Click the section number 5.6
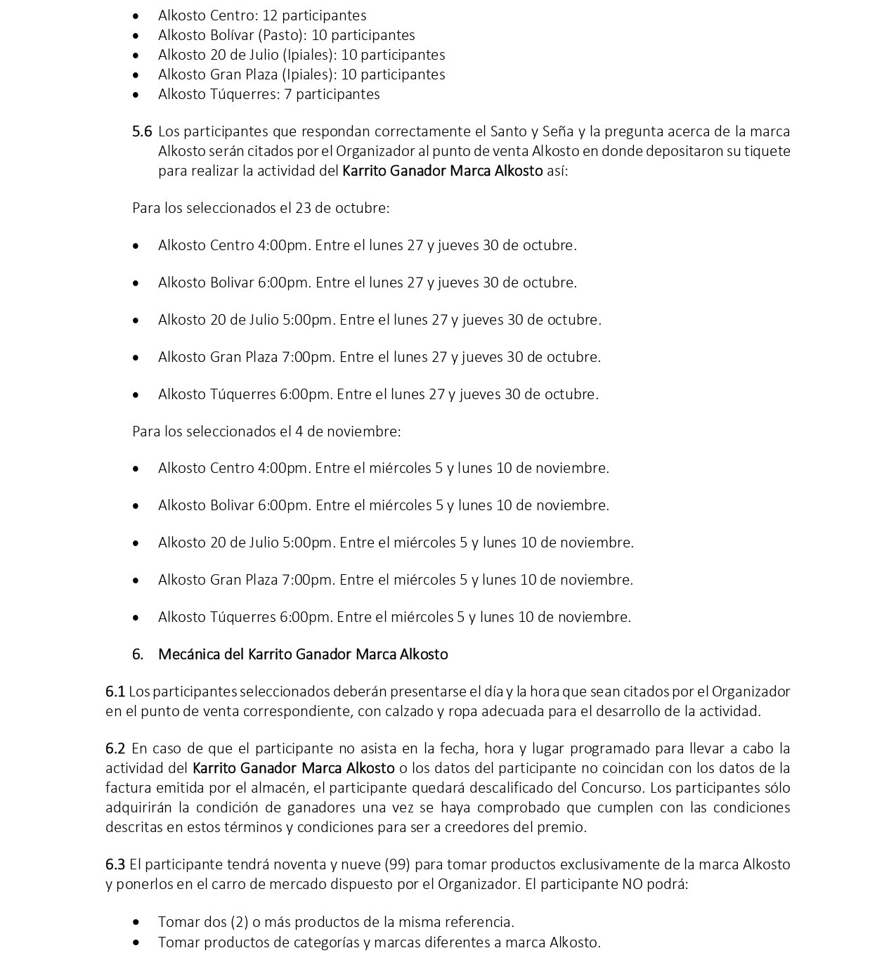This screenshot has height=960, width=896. pos(141,131)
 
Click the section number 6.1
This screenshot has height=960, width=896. pos(115,692)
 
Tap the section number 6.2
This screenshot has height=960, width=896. pos(115,748)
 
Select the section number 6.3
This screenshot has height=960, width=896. pos(115,864)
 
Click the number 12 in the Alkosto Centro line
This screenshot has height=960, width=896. pos(270,15)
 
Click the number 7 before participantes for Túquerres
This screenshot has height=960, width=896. pos(288,94)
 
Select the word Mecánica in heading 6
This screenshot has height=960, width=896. pos(189,654)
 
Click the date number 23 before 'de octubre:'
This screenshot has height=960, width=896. pos(303,208)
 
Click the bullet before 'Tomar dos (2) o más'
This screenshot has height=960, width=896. pos(136,923)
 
